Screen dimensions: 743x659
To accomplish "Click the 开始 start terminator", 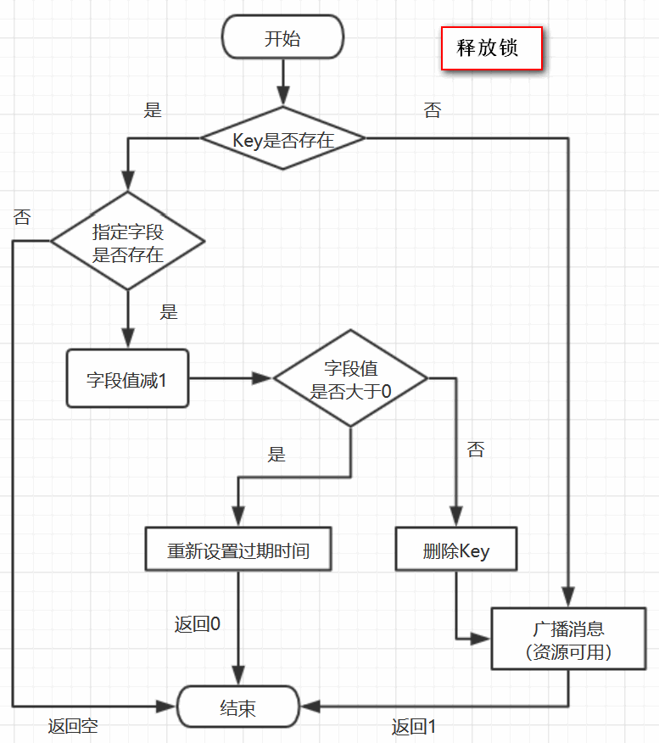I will pos(282,39).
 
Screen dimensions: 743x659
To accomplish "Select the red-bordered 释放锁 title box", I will pos(491,48).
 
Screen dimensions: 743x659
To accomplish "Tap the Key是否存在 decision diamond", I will pos(282,139).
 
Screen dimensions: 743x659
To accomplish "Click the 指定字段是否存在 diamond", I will pos(128,243).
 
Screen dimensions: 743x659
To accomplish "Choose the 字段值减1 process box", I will pos(127,380).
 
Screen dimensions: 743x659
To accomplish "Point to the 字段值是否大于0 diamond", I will pos(350,379).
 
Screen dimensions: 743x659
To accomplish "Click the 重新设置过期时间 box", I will pos(238,550).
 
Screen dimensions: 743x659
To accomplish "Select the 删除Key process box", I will pos(456,550).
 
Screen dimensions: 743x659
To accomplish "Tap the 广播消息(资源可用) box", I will pos(567,640).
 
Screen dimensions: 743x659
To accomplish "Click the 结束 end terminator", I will pos(238,707).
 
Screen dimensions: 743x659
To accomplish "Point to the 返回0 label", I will pos(198,624).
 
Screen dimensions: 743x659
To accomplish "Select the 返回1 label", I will pos(414,726).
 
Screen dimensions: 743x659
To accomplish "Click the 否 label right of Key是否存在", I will pos(433,110).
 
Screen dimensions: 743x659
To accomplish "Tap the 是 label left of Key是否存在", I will pos(153,110).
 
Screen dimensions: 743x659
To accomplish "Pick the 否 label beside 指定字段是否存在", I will pos(22,216).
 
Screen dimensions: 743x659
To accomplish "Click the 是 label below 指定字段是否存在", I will pos(169,311).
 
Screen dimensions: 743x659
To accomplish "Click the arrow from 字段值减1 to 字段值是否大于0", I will pos(230,379).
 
